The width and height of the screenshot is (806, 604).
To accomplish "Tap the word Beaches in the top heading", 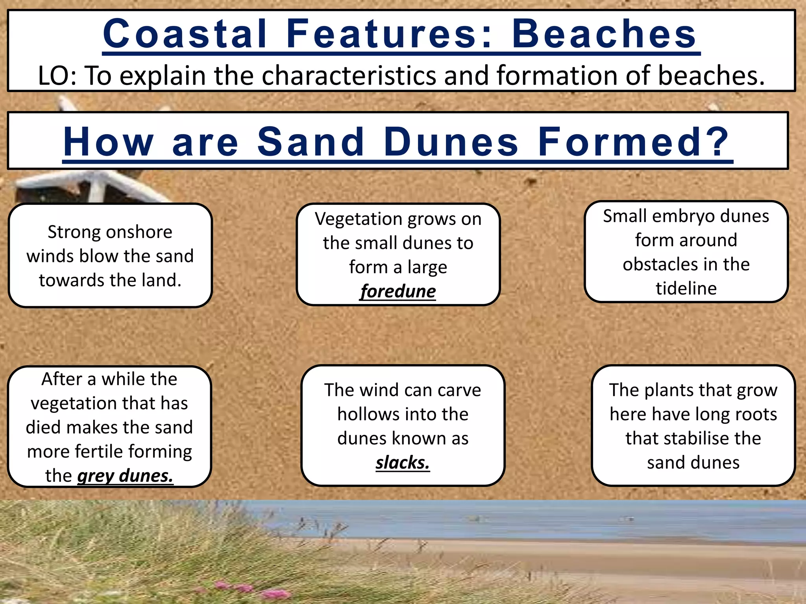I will pyautogui.click(x=604, y=34).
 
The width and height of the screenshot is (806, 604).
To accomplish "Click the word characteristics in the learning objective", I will pyautogui.click(x=349, y=75).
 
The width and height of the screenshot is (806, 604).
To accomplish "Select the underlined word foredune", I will pyautogui.click(x=398, y=291).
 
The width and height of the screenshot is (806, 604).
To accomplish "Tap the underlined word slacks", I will pyautogui.click(x=402, y=462).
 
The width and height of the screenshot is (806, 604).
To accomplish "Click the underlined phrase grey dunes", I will pyautogui.click(x=125, y=476).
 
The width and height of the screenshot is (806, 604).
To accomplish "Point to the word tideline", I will pyautogui.click(x=686, y=288).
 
